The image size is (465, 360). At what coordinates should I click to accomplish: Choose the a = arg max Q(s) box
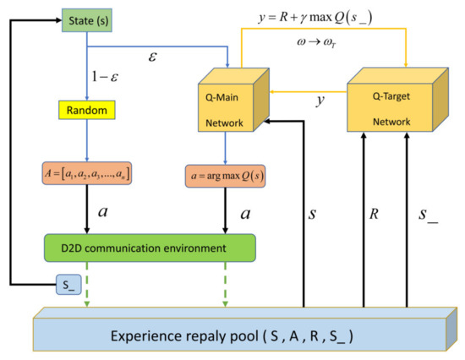coord(226,180)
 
